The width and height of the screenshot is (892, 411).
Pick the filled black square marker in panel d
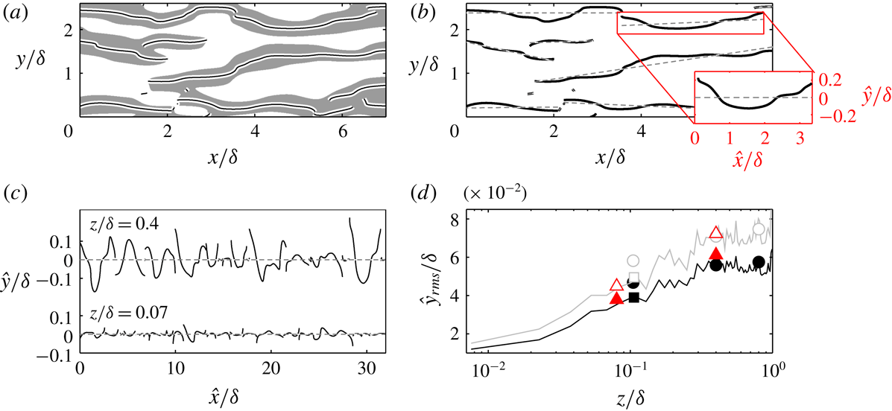pyautogui.click(x=634, y=297)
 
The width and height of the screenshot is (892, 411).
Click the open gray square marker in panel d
pyautogui.click(x=634, y=278)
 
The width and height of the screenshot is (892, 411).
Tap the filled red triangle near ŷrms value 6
pyautogui.click(x=716, y=253)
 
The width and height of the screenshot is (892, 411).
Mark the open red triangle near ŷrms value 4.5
pyautogui.click(x=616, y=284)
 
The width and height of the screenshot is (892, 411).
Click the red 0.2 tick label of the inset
pyautogui.click(x=832, y=78)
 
